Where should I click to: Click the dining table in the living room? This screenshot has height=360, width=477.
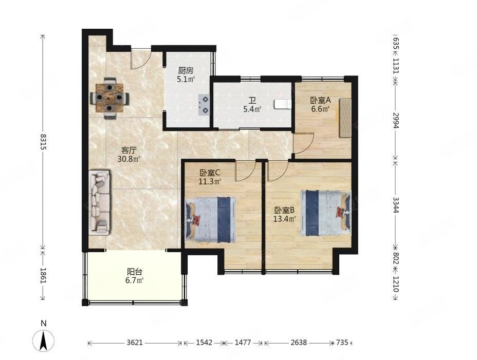(x=109, y=98)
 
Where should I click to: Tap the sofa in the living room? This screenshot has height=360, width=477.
(x=99, y=202)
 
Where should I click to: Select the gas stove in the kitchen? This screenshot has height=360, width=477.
(x=204, y=105)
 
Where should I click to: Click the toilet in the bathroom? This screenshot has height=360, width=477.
(x=283, y=104)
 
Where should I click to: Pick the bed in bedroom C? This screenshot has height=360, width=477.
(x=210, y=219)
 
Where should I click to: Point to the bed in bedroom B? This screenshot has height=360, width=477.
(x=325, y=213)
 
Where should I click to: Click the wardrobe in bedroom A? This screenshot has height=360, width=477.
(x=345, y=118)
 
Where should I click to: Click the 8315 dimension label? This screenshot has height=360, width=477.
(x=43, y=142)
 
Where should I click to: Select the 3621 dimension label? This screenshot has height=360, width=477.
(x=135, y=343)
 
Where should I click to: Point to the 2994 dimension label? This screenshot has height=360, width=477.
(x=395, y=120)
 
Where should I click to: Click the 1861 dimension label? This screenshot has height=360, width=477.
(x=43, y=276)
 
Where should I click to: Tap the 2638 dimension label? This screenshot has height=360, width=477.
(x=299, y=343)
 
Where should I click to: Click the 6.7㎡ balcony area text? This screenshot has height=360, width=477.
(x=135, y=280)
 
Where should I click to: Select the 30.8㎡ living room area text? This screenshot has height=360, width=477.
(x=129, y=158)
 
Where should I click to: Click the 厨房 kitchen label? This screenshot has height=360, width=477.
(x=186, y=70)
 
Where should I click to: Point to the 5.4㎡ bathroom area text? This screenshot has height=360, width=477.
(x=252, y=109)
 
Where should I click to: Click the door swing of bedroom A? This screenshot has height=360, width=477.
(x=304, y=143)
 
